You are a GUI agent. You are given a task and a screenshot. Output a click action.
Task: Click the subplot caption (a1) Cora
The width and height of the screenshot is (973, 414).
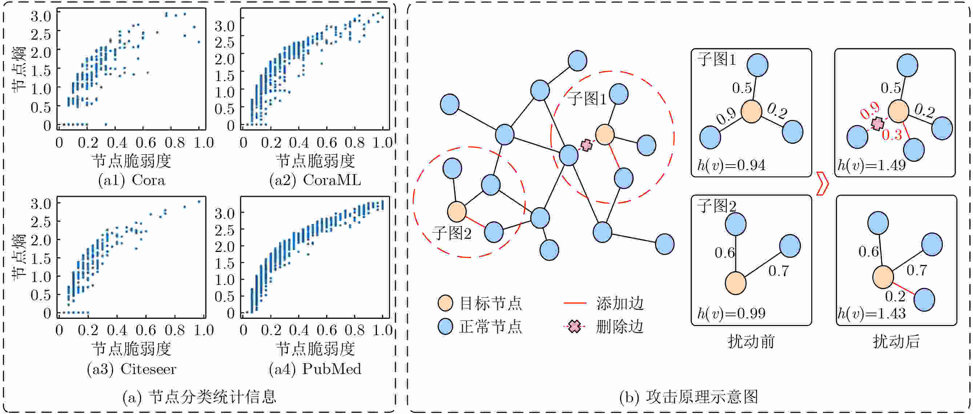click(x=132, y=180)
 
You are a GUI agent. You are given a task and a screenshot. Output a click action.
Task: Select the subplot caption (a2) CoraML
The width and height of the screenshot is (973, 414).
click(x=315, y=180)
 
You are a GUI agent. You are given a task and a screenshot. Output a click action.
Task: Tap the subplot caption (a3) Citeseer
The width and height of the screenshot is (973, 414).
click(x=132, y=369)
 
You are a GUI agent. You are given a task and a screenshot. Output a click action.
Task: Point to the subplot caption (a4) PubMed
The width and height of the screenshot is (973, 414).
click(x=315, y=369)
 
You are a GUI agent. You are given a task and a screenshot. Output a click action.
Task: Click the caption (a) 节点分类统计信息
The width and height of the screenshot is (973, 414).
click(x=199, y=397)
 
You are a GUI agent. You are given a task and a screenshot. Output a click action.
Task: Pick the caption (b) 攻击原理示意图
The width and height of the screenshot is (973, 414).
click(x=688, y=397)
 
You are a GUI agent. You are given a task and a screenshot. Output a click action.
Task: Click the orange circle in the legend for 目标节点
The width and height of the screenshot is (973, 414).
click(x=445, y=303)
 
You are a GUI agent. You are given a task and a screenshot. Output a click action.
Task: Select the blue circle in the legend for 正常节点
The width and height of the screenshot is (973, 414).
click(x=445, y=326)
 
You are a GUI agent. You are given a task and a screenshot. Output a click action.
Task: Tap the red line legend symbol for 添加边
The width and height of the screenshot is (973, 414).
click(x=575, y=303)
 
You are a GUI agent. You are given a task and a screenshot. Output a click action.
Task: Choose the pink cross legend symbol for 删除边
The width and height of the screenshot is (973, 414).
click(x=575, y=326)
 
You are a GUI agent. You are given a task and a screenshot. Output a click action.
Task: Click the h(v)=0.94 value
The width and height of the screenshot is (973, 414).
click(x=731, y=165)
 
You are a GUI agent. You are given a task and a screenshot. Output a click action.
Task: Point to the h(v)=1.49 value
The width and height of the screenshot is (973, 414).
click(x=871, y=165)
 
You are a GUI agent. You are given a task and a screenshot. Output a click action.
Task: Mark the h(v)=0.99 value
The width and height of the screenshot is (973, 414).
click(x=731, y=313)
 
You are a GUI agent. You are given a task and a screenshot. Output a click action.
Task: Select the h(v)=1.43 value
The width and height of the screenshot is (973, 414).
click(x=871, y=313)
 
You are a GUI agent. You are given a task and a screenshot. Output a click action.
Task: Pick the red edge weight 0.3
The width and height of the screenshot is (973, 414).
click(x=892, y=135)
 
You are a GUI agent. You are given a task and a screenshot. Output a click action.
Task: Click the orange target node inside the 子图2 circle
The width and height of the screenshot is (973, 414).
click(x=457, y=212)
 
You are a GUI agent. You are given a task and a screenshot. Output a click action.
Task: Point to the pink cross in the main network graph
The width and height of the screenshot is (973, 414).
click(x=586, y=145)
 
